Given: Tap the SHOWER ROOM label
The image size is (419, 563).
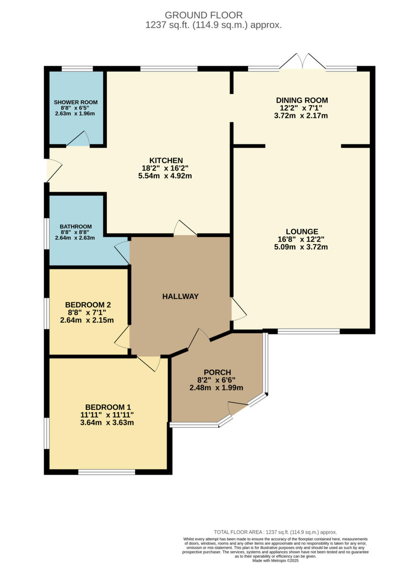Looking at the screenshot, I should pos(75,102).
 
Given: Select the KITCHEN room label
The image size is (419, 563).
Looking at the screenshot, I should pos(166,160).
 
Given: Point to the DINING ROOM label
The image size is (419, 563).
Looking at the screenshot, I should pos(301,100).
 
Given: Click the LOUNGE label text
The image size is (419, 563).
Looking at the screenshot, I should pos(302,231).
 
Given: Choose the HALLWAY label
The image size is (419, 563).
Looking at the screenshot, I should pos(180,296).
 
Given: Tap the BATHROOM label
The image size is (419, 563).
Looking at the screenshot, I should pos(75,226).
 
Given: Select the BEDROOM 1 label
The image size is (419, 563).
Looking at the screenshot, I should pos(107,407).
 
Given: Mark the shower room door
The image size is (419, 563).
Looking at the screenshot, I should pos(78,139).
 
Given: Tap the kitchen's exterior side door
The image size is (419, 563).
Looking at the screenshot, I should pos(52,170).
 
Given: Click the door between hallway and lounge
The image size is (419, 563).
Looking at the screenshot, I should pos(238,309).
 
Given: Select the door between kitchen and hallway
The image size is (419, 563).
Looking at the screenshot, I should pos(185,228).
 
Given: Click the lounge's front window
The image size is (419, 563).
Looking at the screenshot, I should pos(308,331).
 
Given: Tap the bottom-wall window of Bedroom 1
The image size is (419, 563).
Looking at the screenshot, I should pos(106,472).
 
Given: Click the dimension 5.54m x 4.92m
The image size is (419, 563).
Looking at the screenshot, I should pos(166,176).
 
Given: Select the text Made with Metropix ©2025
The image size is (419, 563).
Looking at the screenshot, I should pos(275,560).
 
